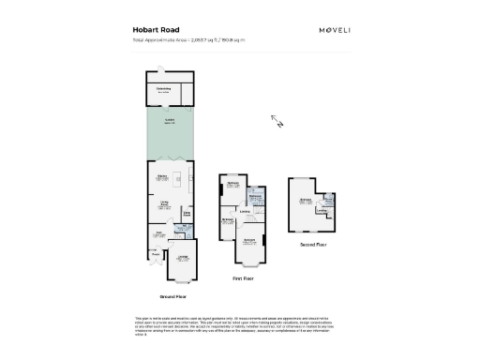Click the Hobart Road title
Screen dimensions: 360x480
click(154, 30)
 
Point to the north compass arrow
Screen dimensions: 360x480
click(277, 120)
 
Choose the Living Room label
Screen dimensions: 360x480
click(162, 202)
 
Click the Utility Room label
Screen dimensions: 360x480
click(187, 213)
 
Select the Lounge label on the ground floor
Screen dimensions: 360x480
click(183, 258)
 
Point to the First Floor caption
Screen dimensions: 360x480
click(243, 278)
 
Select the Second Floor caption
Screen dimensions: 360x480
click(313, 245)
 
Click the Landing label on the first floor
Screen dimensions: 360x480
click(245, 211)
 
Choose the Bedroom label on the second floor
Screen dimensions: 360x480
click(304, 200)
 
